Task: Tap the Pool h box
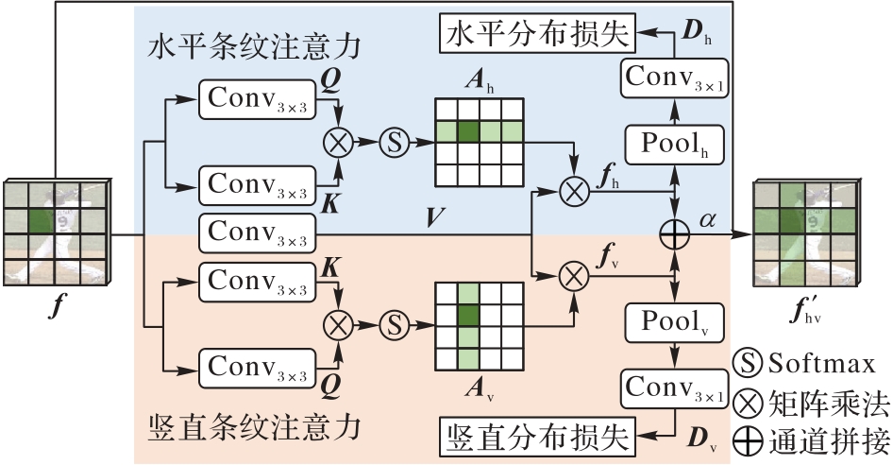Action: [675, 146]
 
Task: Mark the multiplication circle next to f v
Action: [573, 277]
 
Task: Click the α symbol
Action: [709, 218]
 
